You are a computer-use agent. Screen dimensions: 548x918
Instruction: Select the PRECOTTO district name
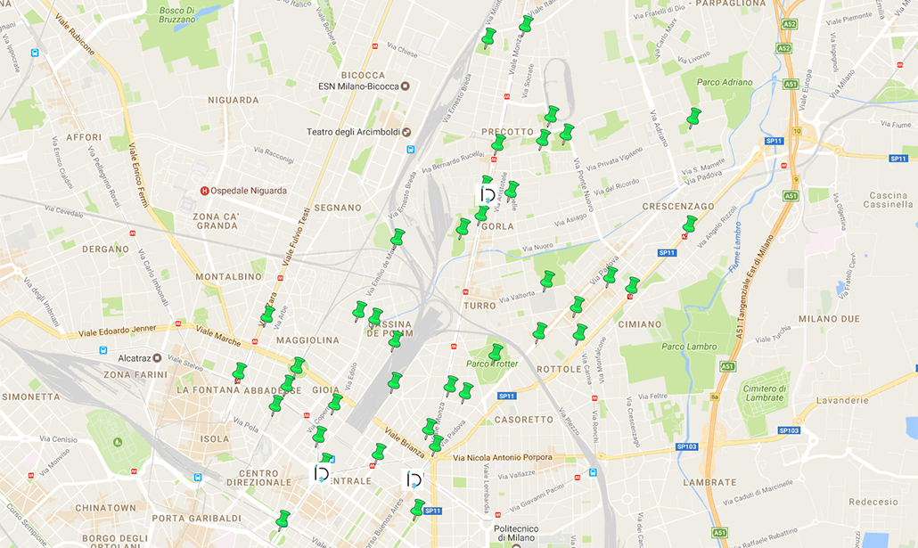pyautogui.click(x=506, y=132)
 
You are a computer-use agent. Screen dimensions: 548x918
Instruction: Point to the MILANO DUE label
pyautogui.click(x=829, y=319)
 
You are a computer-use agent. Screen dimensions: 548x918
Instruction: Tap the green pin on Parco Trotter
pyautogui.click(x=496, y=353)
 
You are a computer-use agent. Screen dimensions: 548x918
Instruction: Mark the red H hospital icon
pyautogui.click(x=205, y=190)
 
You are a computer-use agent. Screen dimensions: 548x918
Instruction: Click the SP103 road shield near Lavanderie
pyautogui.click(x=789, y=430)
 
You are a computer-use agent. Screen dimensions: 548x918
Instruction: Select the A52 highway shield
pyautogui.click(x=784, y=48)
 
